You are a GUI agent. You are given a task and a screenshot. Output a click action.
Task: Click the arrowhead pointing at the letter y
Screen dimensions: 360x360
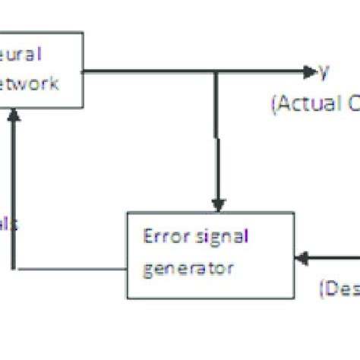coord(309,71)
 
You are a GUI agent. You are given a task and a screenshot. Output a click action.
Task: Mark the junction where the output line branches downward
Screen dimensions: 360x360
coord(218,71)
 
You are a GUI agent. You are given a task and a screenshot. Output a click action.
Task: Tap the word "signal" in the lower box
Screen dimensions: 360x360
coord(221,236)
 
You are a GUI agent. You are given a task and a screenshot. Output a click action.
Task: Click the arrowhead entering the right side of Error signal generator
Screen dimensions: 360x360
coord(302,259)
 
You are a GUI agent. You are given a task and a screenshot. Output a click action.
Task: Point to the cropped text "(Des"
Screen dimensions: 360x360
coord(338,288)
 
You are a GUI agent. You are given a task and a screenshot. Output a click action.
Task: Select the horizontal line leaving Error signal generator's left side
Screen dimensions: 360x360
coord(68,269)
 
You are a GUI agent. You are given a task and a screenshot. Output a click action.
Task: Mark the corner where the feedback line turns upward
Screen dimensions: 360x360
coord(13,269)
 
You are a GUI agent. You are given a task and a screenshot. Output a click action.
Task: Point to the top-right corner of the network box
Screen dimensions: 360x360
coord(82,32)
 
